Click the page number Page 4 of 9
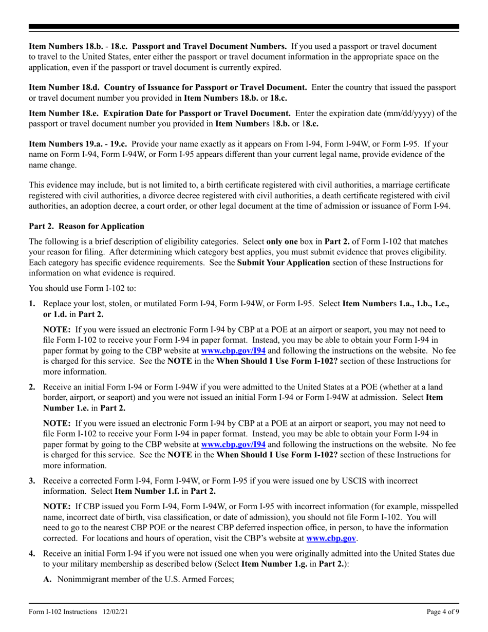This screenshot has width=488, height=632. [443, 612]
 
